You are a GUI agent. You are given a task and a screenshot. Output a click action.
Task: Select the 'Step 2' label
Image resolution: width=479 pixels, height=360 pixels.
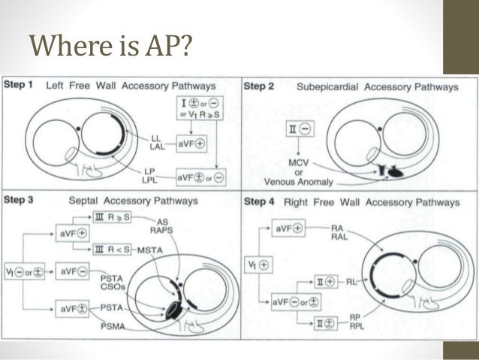click(260, 86)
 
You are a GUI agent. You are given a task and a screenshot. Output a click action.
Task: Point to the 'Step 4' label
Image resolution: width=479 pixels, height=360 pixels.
click(260, 201)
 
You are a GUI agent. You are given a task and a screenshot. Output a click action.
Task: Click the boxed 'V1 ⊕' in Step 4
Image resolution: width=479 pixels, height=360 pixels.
click(264, 265)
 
